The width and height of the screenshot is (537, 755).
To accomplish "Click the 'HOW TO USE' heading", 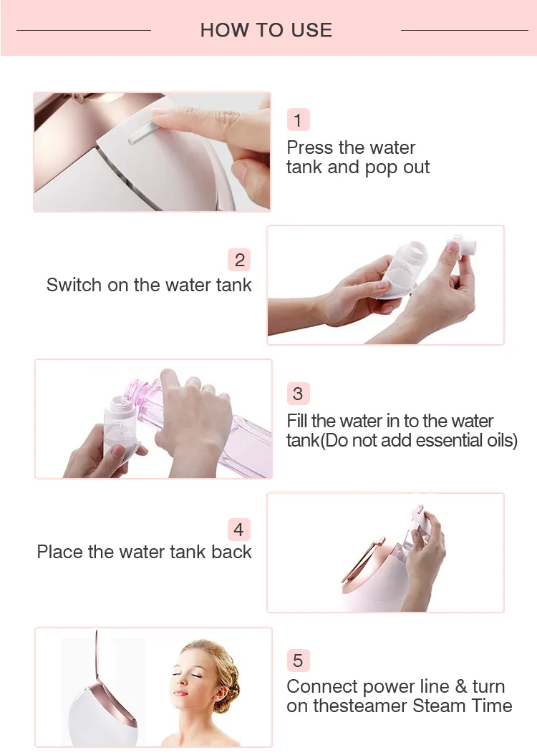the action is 266,30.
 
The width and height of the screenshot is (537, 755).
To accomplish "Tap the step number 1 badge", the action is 298,120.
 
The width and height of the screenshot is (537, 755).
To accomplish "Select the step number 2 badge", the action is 239,260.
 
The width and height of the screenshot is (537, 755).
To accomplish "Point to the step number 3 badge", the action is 298,394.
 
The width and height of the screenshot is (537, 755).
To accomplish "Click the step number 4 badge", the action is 239,529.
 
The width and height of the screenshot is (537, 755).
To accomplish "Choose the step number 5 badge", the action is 298,660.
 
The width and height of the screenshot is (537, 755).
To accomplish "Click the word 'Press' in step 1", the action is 310,147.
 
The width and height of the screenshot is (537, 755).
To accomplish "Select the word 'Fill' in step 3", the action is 297,421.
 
